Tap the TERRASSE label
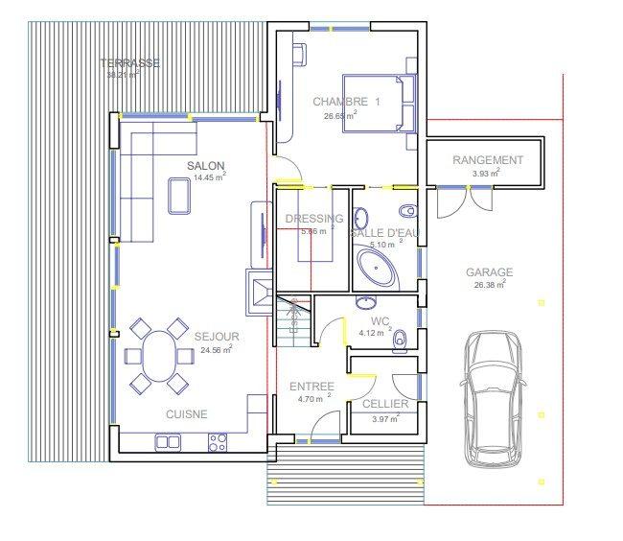[130, 63]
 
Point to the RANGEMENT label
[488, 160]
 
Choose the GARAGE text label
[489, 272]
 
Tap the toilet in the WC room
[402, 338]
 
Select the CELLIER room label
[385, 405]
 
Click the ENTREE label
[311, 387]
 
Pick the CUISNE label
[187, 414]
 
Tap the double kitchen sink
[168, 441]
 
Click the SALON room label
[205, 166]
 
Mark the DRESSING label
[314, 219]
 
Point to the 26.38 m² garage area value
[488, 285]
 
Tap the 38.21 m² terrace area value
[122, 74]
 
